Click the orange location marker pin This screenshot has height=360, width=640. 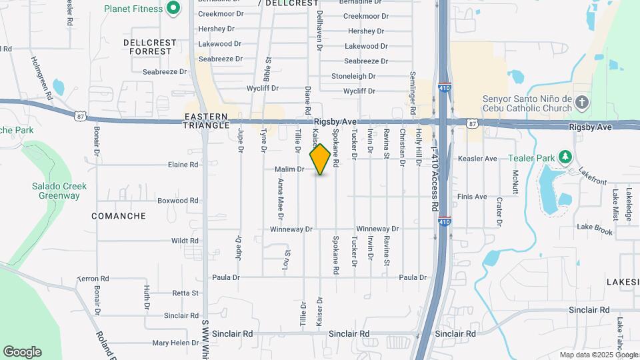click(321, 159)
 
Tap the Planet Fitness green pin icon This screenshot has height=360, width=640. click(173, 9)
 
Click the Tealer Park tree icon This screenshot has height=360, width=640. click(565, 155)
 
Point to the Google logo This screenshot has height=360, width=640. click(22, 352)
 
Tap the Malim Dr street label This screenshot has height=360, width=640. click(289, 169)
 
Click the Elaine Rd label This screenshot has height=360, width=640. click(183, 164)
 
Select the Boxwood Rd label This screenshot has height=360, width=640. click(178, 200)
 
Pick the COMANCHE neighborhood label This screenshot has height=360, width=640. click(119, 216)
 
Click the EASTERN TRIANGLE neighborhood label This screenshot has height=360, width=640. click(207, 121)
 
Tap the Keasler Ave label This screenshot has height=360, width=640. click(477, 159)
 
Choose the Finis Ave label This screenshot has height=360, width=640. click(472, 197)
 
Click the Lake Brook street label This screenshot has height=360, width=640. click(595, 229)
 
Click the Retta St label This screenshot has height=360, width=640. click(185, 293)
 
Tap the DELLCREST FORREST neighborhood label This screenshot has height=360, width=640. click(150, 47)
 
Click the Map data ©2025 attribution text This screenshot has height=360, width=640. click(598, 355)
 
